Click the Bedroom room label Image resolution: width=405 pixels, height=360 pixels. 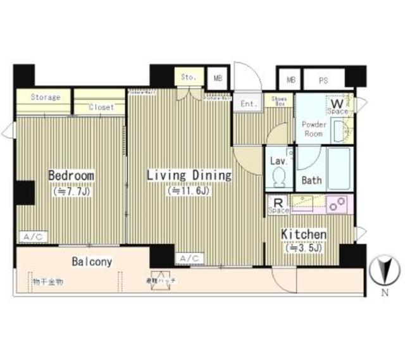point(72,175)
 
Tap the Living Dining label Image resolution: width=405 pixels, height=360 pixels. point(189,175)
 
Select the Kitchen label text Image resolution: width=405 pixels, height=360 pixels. point(304,235)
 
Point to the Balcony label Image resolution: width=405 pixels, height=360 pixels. point(92,261)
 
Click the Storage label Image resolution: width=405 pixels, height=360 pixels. point(46,97)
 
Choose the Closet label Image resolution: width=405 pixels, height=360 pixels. point(101,107)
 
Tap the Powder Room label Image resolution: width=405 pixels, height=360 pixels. point(314,129)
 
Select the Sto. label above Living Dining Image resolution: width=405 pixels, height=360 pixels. point(189,77)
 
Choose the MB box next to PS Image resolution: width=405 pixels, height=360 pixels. point(291,80)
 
